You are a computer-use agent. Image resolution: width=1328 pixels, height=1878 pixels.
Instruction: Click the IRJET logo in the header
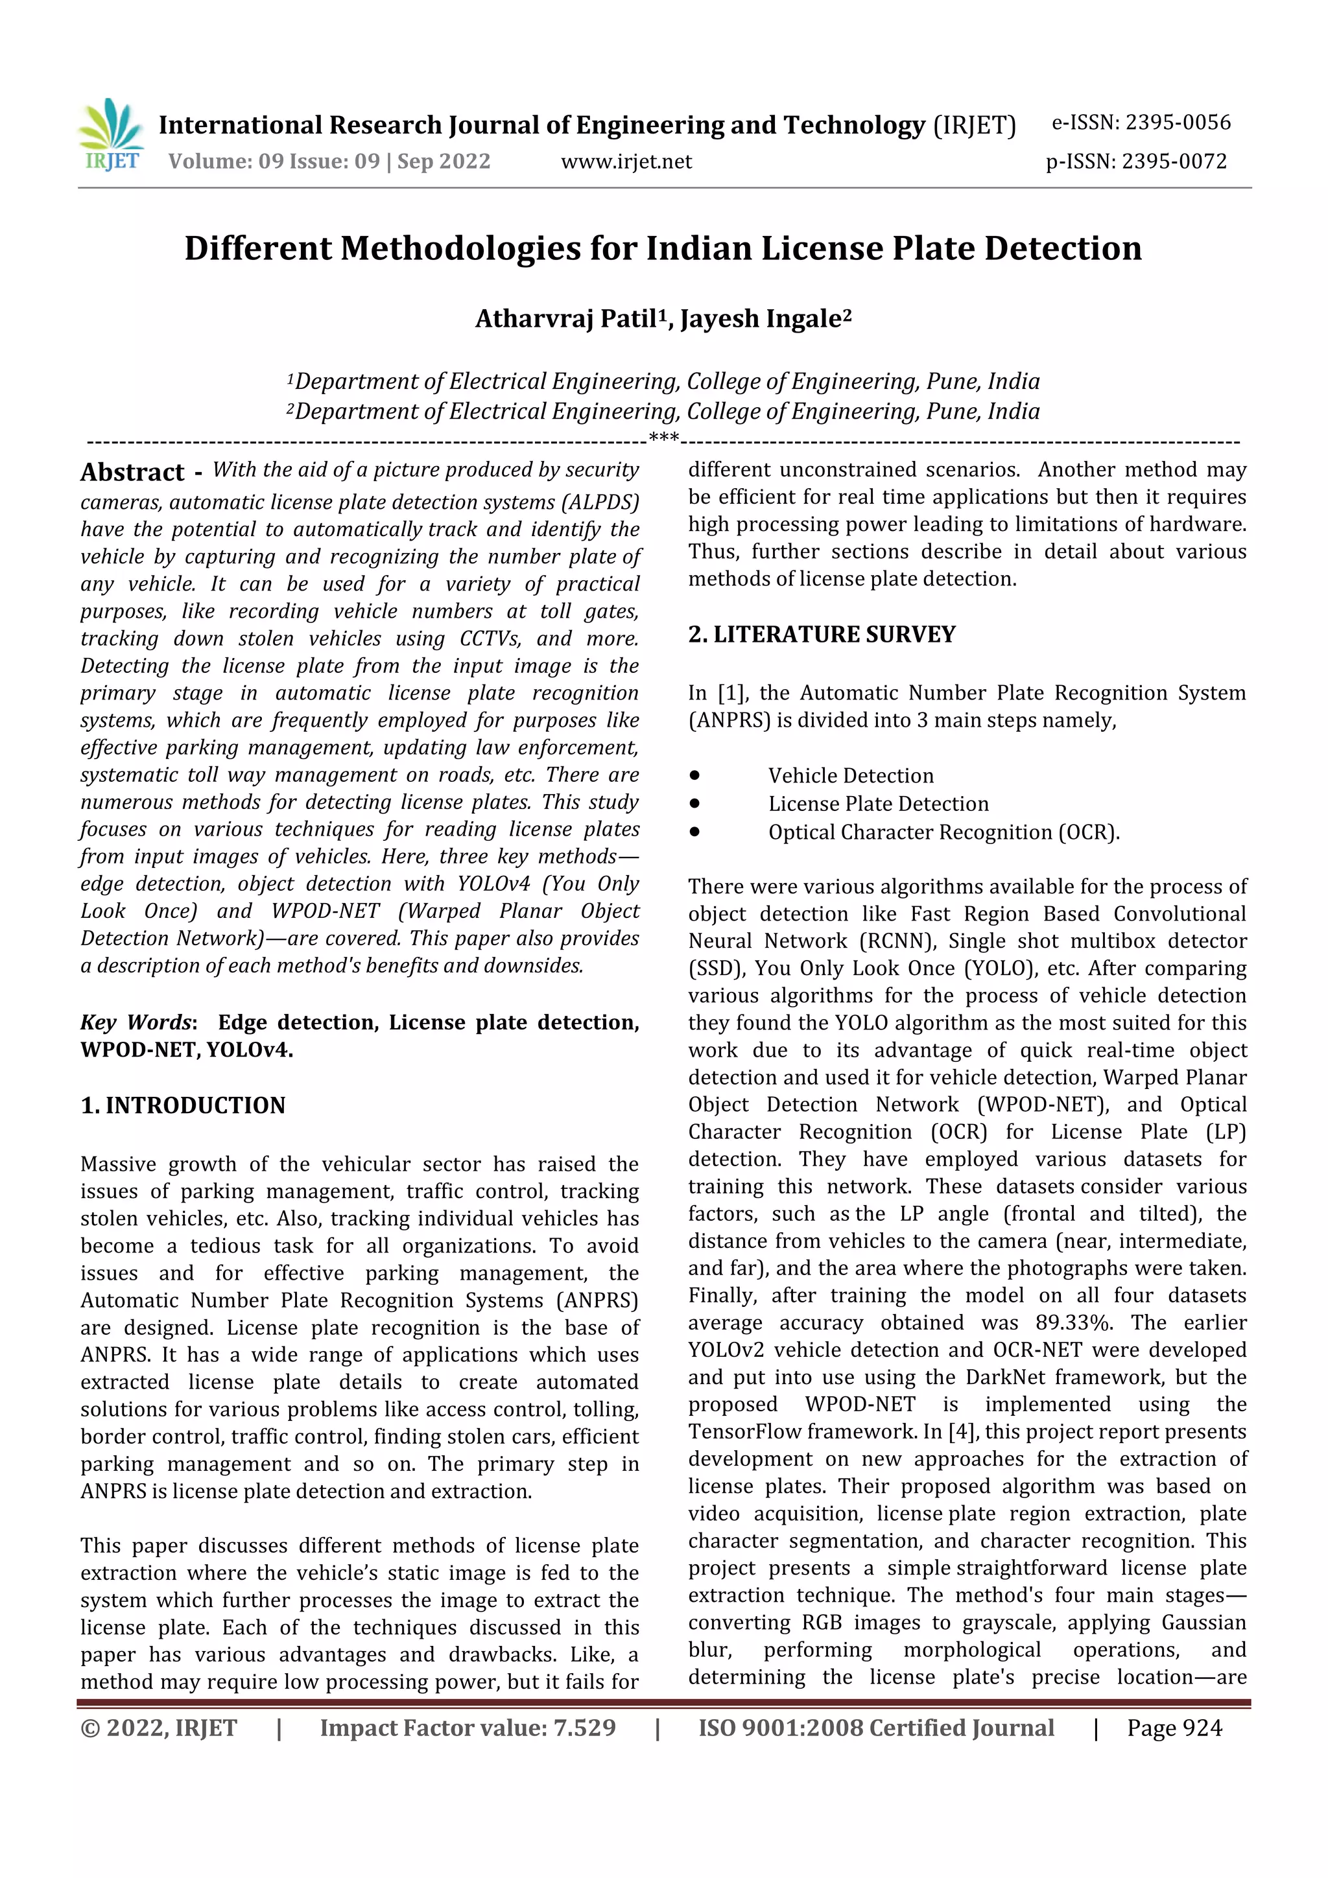(x=112, y=135)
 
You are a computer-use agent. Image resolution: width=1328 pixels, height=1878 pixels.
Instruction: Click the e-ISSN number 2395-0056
(x=1178, y=123)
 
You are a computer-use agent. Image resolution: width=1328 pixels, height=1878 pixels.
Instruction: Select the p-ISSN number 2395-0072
(x=1174, y=162)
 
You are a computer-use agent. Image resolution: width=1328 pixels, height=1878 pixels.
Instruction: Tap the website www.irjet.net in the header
(x=626, y=162)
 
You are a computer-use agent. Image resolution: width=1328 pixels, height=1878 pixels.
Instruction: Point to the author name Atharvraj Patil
(x=565, y=318)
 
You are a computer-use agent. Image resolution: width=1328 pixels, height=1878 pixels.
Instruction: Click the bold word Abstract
(x=132, y=473)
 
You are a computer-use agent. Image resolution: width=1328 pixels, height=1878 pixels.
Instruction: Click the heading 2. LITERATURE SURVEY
(x=822, y=635)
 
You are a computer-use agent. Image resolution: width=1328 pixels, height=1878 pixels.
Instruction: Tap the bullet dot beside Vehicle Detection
(x=694, y=775)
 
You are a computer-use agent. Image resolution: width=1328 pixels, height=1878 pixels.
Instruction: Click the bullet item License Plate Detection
(x=878, y=804)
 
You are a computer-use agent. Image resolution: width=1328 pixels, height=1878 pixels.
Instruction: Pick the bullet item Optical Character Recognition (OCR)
(x=943, y=832)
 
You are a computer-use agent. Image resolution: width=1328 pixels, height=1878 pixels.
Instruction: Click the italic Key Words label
(x=136, y=1022)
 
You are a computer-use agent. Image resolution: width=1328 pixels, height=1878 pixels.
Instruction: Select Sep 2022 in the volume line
(x=444, y=162)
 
